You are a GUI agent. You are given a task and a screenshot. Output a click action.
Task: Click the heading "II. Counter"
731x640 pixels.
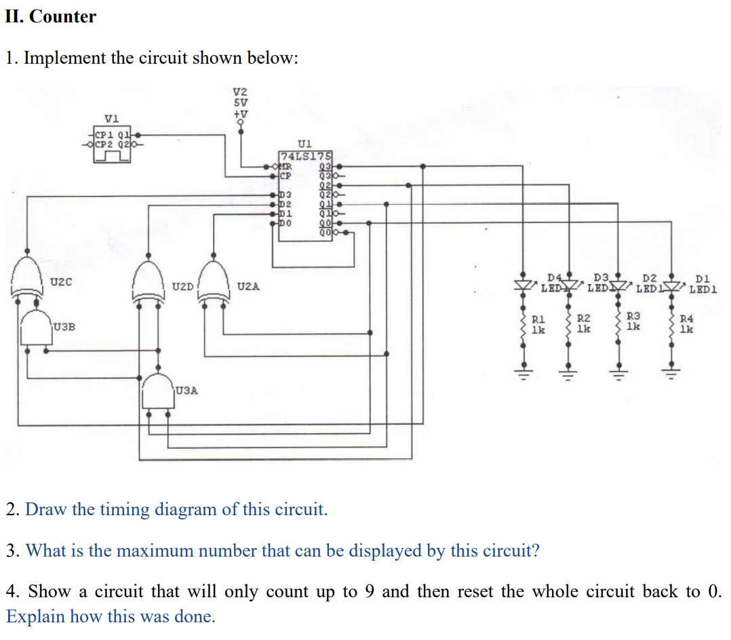tap(51, 16)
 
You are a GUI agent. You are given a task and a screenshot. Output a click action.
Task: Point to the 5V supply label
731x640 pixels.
tap(240, 102)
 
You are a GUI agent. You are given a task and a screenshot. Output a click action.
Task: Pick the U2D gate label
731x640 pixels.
tap(182, 287)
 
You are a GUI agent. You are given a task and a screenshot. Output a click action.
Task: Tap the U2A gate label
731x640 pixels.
tap(248, 287)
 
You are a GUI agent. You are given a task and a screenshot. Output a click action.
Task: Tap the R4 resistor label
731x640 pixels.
tap(687, 317)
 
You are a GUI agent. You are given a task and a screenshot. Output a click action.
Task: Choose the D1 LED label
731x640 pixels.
tap(703, 277)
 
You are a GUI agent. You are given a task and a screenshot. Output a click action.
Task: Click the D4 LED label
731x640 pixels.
tap(554, 277)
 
